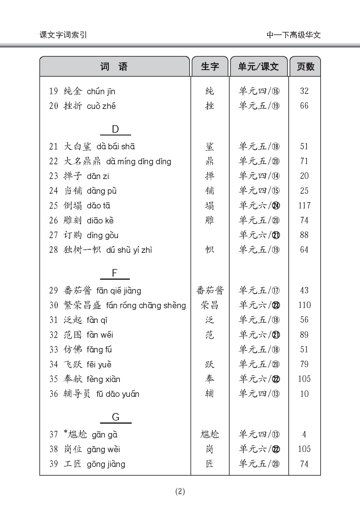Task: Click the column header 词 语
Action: pyautogui.click(x=114, y=67)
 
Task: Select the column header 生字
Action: pyautogui.click(x=210, y=67)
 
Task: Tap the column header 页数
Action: pyautogui.click(x=305, y=67)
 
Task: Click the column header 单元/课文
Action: pyautogui.click(x=258, y=67)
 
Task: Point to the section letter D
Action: pyautogui.click(x=115, y=130)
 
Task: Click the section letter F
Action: pyautogui.click(x=114, y=273)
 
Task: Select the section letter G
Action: pyautogui.click(x=115, y=417)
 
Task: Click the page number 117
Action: pyautogui.click(x=304, y=206)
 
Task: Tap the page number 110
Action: pyautogui.click(x=304, y=305)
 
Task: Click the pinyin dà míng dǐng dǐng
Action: pyautogui.click(x=139, y=161)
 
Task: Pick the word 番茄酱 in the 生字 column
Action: pyautogui.click(x=210, y=290)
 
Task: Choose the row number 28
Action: pyautogui.click(x=53, y=250)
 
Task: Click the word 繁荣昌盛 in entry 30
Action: pyautogui.click(x=82, y=305)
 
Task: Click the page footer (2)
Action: pyautogui.click(x=180, y=492)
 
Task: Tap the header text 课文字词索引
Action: pyautogui.click(x=63, y=35)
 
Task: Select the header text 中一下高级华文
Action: pyautogui.click(x=293, y=35)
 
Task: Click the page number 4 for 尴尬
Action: pyautogui.click(x=304, y=434)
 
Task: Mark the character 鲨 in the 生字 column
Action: pyautogui.click(x=210, y=146)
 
